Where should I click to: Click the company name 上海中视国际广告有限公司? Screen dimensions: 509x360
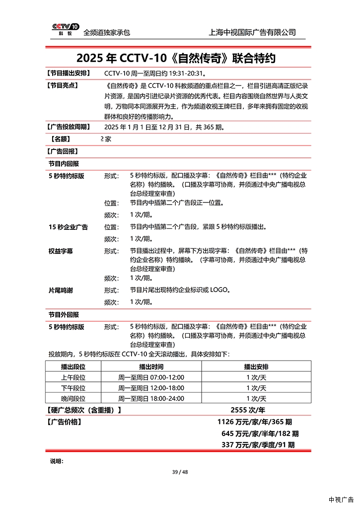(253, 32)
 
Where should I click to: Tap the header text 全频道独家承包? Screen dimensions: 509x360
(107, 32)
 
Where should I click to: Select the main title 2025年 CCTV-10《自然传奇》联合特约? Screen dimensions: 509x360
(176, 59)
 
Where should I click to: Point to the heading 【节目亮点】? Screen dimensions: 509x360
(62, 85)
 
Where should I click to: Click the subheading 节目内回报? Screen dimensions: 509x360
(64, 163)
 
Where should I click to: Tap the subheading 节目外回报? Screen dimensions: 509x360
(64, 315)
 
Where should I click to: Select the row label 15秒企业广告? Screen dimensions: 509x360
(68, 227)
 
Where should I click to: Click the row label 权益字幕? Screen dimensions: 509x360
(61, 251)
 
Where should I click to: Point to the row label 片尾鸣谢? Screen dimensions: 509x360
(61, 290)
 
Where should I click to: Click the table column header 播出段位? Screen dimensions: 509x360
(73, 366)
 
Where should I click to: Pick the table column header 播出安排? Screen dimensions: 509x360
(256, 366)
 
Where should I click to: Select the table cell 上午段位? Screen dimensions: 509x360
(73, 377)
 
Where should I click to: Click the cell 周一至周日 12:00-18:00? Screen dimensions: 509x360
(151, 388)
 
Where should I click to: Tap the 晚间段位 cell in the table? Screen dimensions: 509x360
(73, 399)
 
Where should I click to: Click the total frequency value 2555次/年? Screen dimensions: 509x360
(248, 410)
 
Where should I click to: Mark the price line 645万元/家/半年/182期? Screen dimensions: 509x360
(260, 434)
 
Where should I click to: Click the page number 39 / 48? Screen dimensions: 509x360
(180, 472)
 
